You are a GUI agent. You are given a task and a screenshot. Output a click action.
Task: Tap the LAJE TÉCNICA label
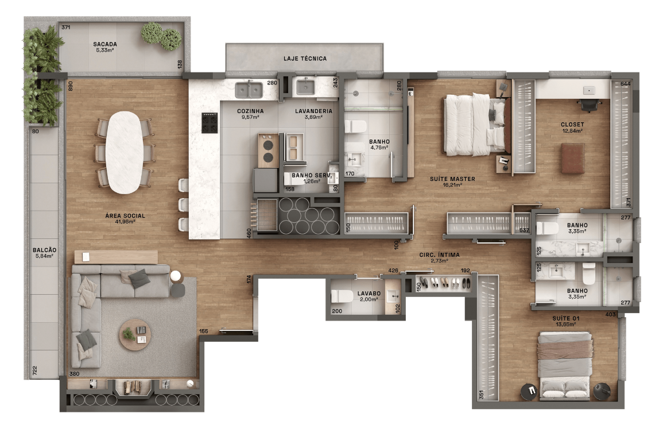click(305, 59)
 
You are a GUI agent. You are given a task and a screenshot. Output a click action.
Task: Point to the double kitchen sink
click(248, 89)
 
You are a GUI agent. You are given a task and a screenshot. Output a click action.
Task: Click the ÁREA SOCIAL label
click(125, 216)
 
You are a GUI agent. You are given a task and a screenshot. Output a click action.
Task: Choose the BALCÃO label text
click(44, 250)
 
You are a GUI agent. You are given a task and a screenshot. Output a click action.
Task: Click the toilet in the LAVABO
click(343, 296)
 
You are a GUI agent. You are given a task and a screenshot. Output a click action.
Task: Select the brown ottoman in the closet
click(573, 159)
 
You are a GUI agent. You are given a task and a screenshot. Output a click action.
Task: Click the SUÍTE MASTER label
click(452, 179)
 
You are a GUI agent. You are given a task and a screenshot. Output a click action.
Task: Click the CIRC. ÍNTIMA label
click(439, 255)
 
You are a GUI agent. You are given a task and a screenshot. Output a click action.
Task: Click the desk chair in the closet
click(590, 104)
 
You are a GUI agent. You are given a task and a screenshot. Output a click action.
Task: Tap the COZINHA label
click(250, 111)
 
